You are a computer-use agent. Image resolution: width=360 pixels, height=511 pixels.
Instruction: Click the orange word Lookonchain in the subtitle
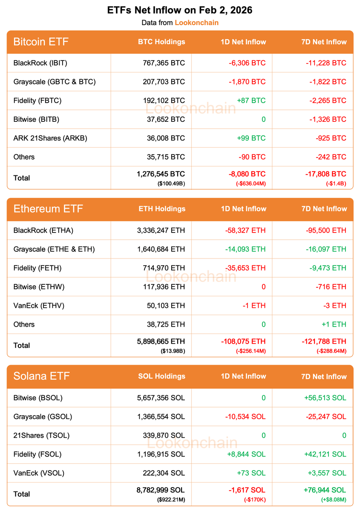(196, 23)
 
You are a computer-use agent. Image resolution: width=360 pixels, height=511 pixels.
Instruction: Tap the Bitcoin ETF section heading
(41, 42)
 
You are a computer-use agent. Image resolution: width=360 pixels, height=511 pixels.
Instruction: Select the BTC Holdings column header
(161, 42)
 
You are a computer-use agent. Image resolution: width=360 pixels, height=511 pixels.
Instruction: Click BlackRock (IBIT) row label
(40, 63)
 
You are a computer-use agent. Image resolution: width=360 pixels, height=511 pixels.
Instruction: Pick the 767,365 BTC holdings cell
(164, 63)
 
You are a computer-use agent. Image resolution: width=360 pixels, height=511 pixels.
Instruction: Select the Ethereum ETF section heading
(48, 209)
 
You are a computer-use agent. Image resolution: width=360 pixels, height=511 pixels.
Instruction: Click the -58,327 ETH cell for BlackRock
(245, 230)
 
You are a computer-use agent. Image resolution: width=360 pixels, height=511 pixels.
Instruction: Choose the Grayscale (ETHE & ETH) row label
(54, 249)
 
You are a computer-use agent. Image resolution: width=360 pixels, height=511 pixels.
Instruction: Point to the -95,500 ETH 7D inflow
(326, 230)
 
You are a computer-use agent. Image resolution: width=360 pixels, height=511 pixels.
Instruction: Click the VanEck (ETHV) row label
(39, 305)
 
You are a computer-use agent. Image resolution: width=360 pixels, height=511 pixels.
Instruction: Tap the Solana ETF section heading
(41, 376)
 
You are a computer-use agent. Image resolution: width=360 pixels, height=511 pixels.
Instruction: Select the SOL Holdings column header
(161, 376)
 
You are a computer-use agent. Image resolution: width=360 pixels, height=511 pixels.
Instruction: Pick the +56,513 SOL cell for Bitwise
(325, 398)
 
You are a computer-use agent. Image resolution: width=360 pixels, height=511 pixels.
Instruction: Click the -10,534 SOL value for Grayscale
(245, 416)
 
